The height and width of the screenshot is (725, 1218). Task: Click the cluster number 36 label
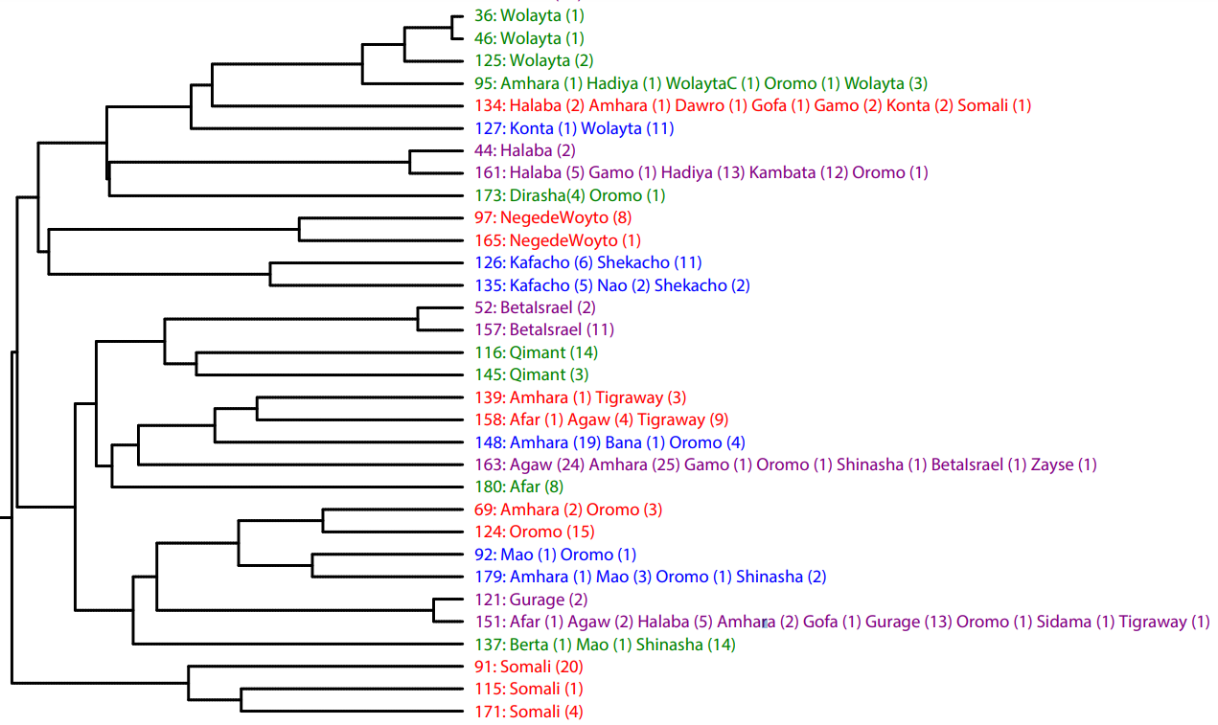[x=483, y=16]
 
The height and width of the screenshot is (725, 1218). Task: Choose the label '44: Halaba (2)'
[x=525, y=150]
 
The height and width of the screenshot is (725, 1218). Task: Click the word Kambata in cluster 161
[x=778, y=172]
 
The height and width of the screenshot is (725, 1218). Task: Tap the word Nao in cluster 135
[x=611, y=285]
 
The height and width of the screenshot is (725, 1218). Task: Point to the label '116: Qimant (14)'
[x=537, y=352]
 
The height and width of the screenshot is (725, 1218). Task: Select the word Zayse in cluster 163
[x=1052, y=464]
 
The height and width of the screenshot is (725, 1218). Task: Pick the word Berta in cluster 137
[x=529, y=645]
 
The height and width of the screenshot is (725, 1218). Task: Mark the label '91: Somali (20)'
[x=529, y=667]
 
